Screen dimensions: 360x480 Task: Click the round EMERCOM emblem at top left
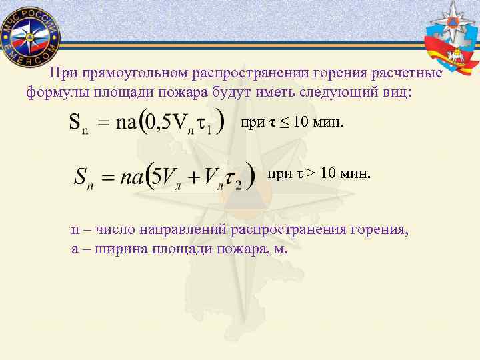(29, 34)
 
